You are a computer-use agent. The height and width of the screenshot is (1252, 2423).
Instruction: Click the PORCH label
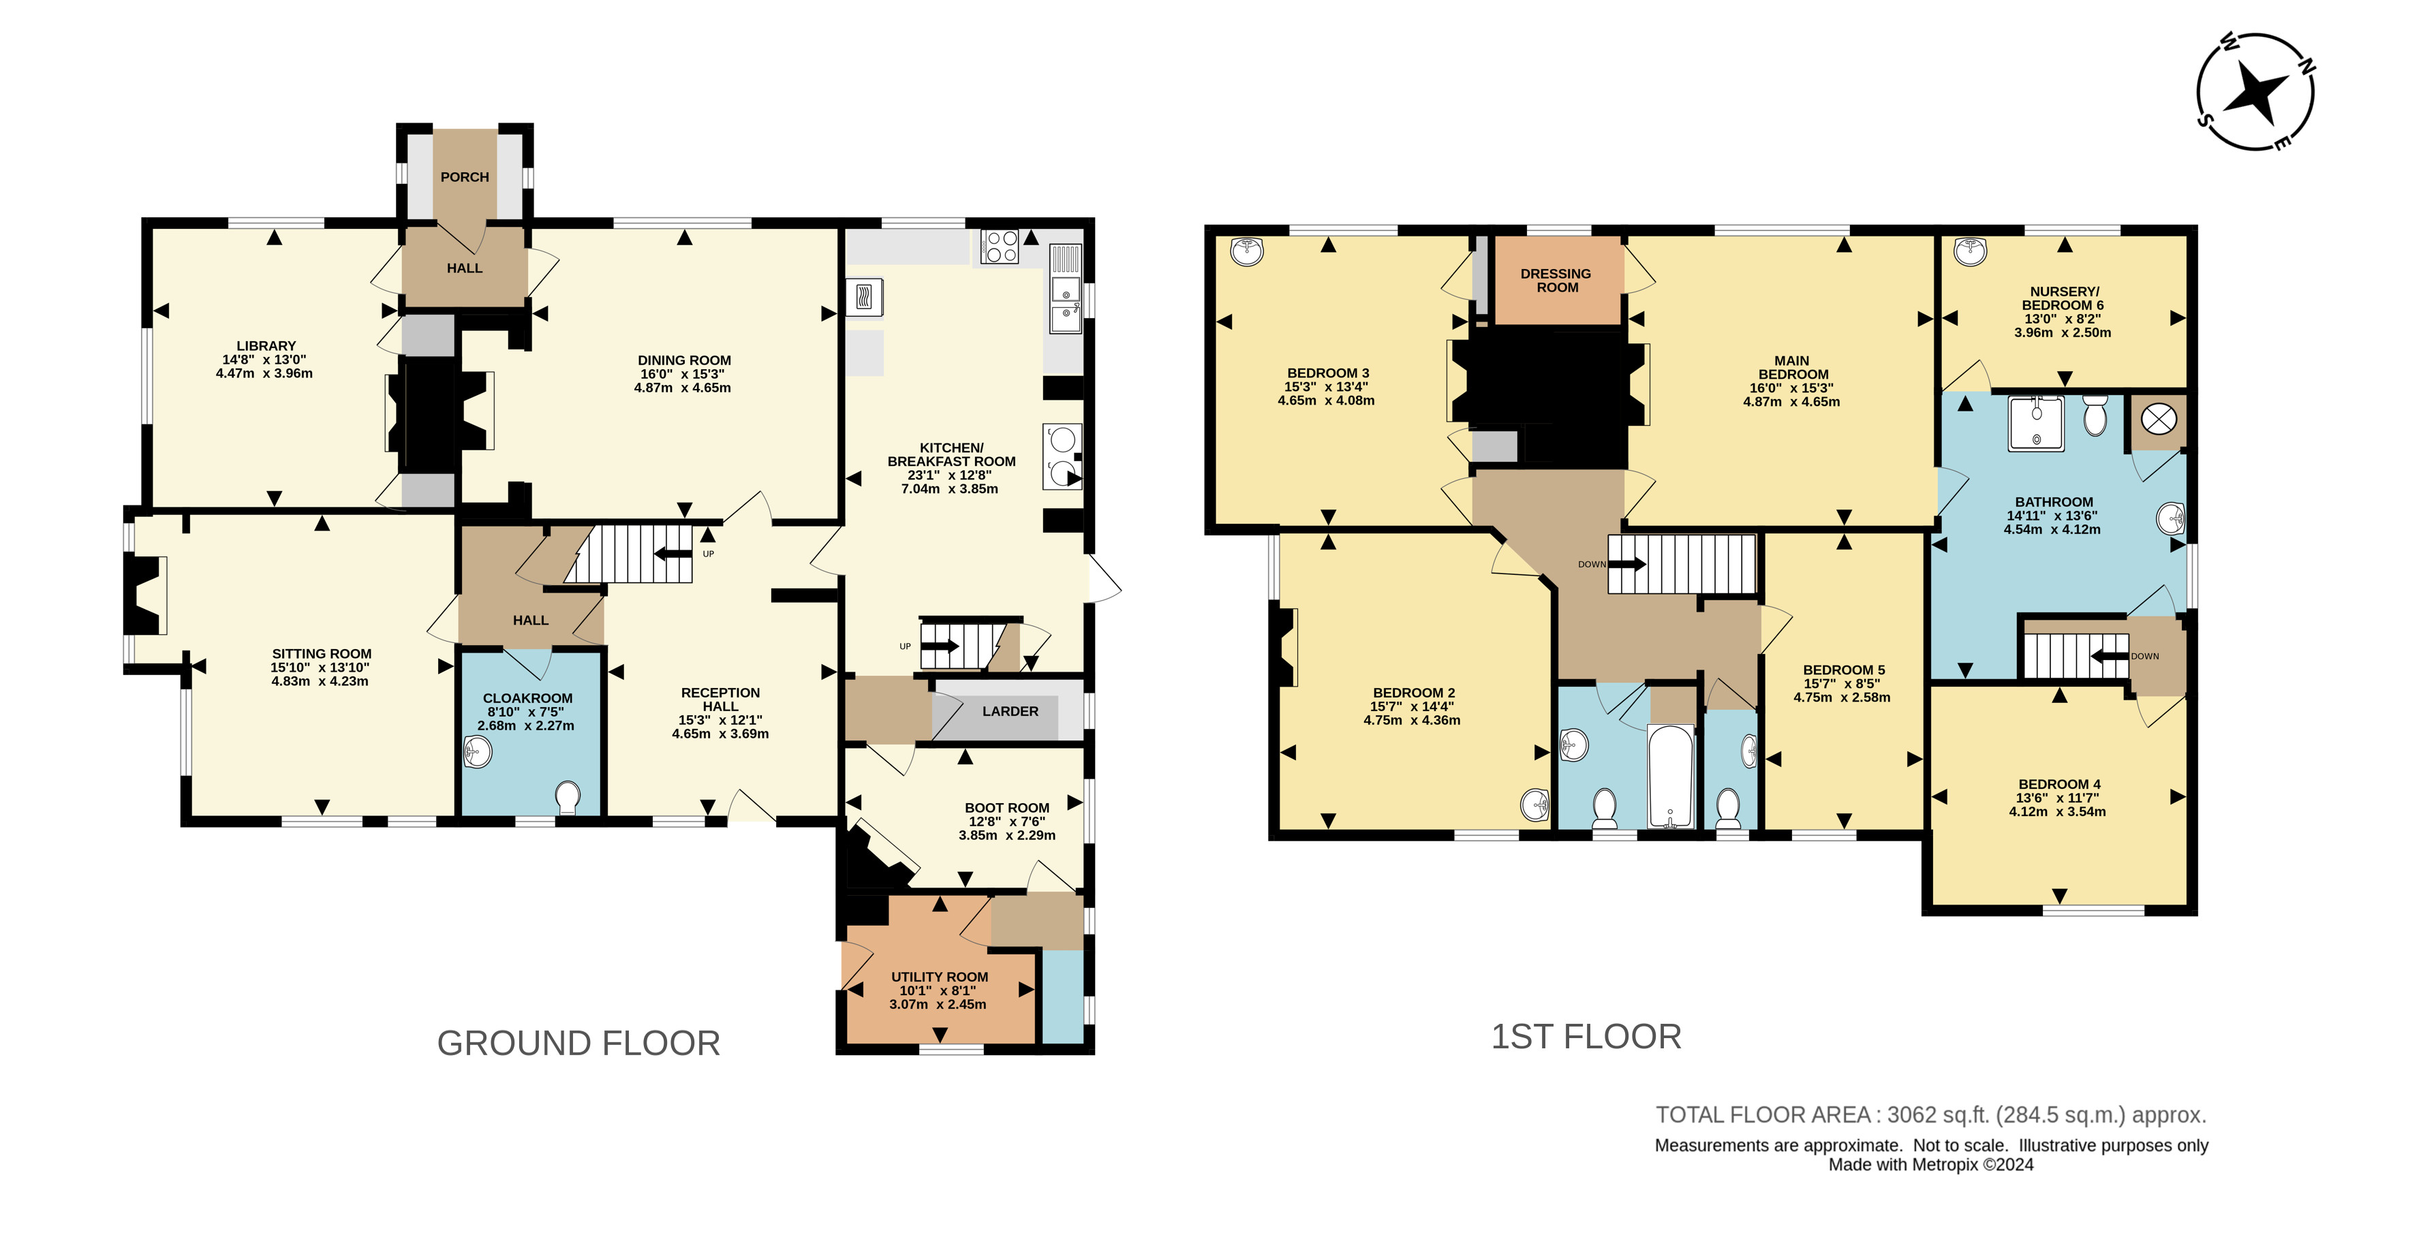pos(465,177)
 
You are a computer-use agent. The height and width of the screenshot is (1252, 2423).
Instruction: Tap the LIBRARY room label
pos(266,346)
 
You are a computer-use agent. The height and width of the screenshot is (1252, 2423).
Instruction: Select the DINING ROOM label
pos(684,360)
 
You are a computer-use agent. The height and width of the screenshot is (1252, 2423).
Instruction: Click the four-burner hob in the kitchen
pos(1000,247)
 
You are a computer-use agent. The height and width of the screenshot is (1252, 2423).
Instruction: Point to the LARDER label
pos(1010,711)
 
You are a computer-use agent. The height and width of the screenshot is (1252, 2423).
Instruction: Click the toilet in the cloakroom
pos(567,798)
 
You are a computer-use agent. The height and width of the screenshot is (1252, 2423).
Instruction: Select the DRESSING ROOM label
pos(1557,281)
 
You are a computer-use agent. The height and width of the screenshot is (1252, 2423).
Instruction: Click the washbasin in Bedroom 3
pos(1247,251)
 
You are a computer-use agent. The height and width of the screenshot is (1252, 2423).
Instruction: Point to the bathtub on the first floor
pos(1671,776)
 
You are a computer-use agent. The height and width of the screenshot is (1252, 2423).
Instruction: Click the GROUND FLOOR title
pos(578,1043)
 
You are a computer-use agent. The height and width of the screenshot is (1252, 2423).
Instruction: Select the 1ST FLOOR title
pos(1586,1037)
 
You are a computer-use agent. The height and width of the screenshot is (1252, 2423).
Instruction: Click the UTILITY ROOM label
pos(940,977)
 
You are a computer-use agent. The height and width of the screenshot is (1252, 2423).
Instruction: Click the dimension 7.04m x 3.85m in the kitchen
pos(950,489)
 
